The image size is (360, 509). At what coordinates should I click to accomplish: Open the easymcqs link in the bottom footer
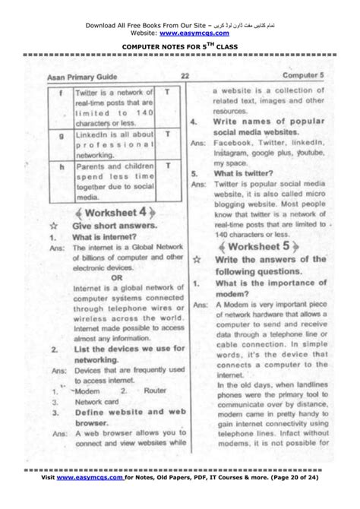coord(93,482)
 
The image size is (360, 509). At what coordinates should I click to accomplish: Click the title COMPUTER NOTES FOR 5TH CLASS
coord(179,47)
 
